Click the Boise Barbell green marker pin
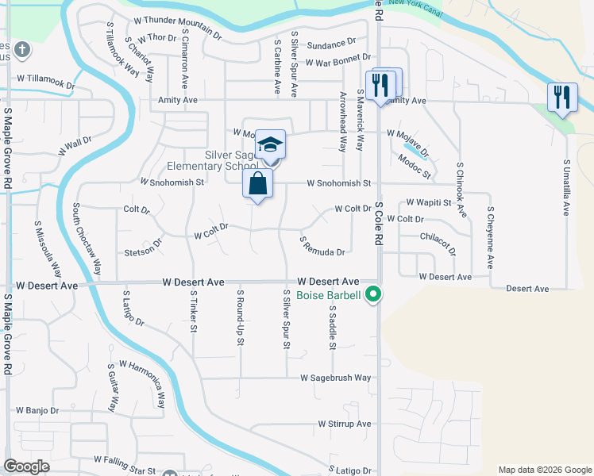(x=371, y=296)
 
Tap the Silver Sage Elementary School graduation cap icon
(x=270, y=145)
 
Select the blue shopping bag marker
(x=259, y=185)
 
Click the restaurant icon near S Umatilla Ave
(x=562, y=98)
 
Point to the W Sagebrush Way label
(x=335, y=378)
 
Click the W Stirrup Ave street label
(x=345, y=424)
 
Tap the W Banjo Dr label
(x=37, y=410)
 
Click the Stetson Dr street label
(x=143, y=253)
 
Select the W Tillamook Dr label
(x=45, y=79)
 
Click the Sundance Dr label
(x=331, y=44)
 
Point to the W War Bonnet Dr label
(x=337, y=60)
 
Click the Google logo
(x=27, y=466)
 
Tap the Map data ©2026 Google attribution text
(x=545, y=470)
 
